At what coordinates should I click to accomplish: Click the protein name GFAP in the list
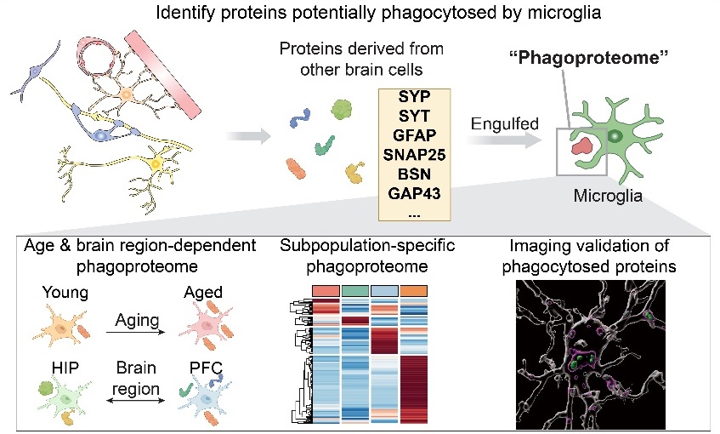click(x=414, y=135)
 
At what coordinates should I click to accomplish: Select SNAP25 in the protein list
click(x=414, y=155)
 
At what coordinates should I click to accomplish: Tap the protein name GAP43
click(x=414, y=193)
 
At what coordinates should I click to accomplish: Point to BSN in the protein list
click(x=414, y=174)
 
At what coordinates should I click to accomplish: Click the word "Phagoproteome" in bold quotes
click(x=589, y=58)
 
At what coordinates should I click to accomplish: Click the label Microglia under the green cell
click(x=608, y=196)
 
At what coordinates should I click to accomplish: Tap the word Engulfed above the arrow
click(x=505, y=123)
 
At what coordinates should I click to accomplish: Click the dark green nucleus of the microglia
click(x=615, y=136)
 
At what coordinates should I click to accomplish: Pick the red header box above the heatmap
click(x=326, y=290)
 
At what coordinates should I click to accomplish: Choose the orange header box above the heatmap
click(x=414, y=290)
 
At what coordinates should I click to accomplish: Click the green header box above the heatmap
click(x=355, y=290)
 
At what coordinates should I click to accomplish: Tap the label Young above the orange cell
click(x=65, y=293)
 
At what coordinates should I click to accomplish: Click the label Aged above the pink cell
click(x=203, y=293)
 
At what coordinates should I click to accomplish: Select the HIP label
click(x=65, y=368)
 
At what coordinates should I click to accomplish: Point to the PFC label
click(x=207, y=368)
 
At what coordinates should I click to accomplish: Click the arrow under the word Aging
click(x=135, y=332)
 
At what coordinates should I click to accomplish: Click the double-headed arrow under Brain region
click(x=135, y=401)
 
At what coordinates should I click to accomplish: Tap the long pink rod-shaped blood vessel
click(x=162, y=73)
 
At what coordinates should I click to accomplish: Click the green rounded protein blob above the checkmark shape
click(x=342, y=110)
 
